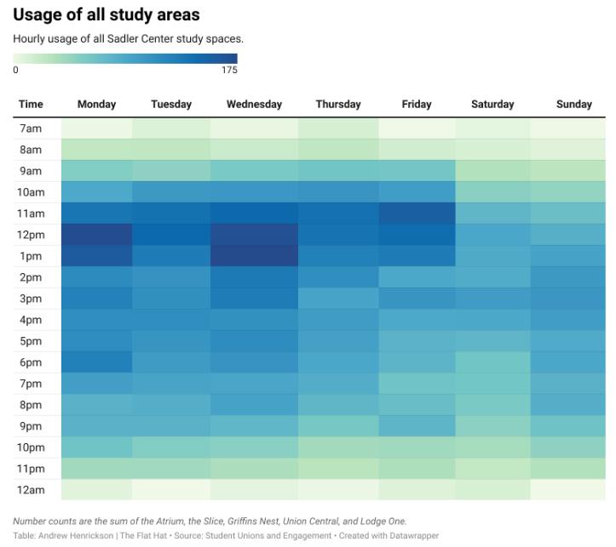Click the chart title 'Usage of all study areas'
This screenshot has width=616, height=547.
[x=107, y=15]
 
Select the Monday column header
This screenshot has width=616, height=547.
[x=96, y=105]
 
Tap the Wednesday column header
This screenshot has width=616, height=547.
[x=254, y=105]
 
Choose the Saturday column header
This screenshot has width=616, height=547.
[x=492, y=105]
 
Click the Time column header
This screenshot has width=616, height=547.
[x=31, y=105]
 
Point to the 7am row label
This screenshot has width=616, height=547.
[x=31, y=128]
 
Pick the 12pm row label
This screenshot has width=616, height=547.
[x=31, y=235]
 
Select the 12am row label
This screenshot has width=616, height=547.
[x=31, y=490]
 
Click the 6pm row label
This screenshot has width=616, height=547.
[x=31, y=362]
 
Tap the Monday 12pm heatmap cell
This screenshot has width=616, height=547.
[x=96, y=235]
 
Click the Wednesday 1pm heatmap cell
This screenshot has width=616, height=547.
[x=254, y=256]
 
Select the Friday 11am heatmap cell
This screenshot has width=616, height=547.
[x=417, y=214]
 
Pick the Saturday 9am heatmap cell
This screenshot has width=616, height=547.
[x=492, y=171]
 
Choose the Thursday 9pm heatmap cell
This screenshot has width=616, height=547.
[x=338, y=426]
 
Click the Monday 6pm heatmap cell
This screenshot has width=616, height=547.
[x=96, y=362]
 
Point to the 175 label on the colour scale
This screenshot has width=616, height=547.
[x=229, y=71]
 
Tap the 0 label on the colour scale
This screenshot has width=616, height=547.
[x=15, y=71]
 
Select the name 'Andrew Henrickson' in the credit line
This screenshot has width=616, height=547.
[x=69, y=536]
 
